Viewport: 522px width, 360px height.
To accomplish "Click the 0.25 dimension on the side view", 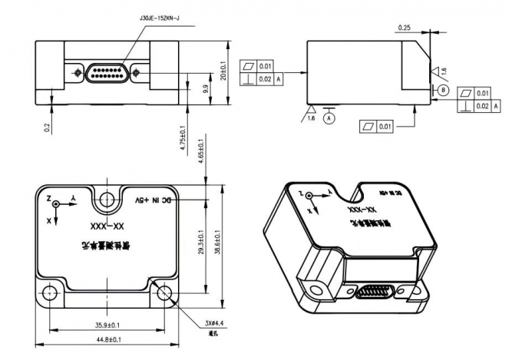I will tap(405, 28).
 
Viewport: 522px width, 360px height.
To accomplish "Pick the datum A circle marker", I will tap(330, 119).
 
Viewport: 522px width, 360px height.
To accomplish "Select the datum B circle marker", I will tap(443, 90).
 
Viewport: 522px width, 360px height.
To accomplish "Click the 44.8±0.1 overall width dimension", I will tap(111, 339).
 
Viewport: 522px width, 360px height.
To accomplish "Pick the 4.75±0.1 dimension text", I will tap(182, 141).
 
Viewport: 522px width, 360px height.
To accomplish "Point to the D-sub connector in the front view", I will tap(107, 73).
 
